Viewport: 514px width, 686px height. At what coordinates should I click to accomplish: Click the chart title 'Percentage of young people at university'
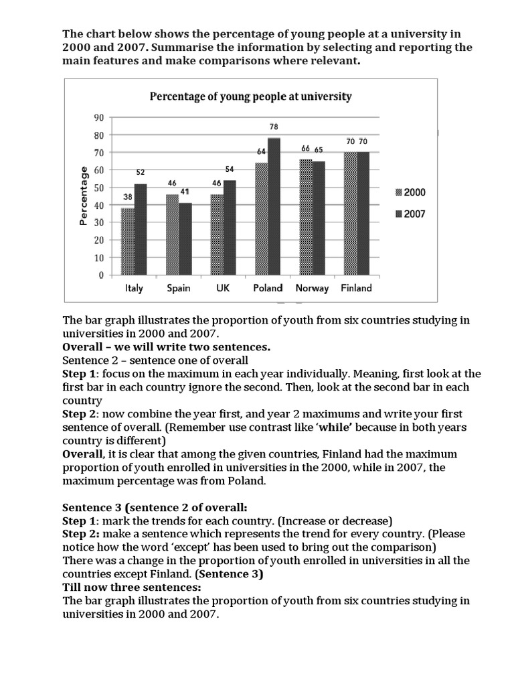250,96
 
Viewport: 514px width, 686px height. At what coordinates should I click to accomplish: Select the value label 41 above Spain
185,192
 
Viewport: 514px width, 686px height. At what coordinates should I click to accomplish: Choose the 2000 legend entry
408,192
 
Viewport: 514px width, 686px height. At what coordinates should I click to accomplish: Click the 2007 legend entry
408,214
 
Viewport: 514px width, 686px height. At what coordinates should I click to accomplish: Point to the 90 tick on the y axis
100,117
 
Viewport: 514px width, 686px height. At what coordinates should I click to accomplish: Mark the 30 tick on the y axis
100,222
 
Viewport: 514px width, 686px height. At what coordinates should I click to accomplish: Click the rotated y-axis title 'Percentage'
84,196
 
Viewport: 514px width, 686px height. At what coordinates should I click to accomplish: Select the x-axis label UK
223,288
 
